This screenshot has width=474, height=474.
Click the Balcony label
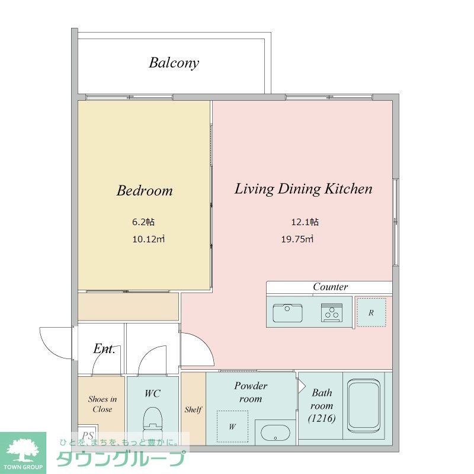point(174,63)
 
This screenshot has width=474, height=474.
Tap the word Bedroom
point(145,190)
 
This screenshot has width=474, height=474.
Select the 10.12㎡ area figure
point(149,239)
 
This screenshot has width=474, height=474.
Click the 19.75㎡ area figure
point(297,239)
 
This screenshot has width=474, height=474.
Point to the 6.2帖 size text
point(143,222)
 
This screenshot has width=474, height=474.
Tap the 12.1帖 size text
point(305,222)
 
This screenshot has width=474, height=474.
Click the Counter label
point(330,287)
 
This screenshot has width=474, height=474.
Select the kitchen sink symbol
point(287,313)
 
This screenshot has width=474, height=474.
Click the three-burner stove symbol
point(332,313)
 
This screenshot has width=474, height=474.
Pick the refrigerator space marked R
point(371,313)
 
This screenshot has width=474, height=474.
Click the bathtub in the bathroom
point(363,406)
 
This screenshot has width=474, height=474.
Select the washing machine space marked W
point(232,426)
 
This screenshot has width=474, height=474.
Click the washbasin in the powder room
point(275,433)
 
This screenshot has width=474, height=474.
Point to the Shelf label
point(193,409)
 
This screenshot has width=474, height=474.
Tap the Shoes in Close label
point(103,404)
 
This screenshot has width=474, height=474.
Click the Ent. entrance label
point(104,348)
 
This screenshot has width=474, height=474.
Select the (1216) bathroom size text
point(322,419)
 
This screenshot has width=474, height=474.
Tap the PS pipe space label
point(88,435)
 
